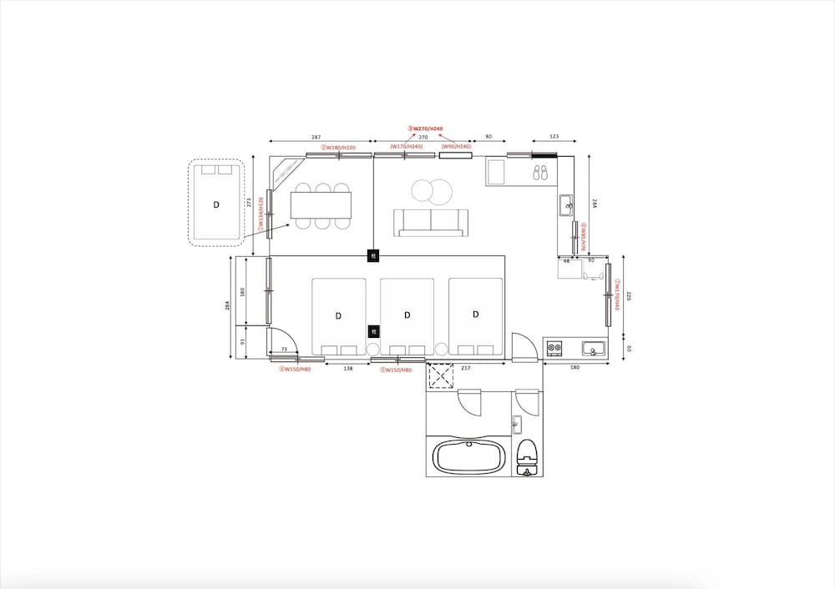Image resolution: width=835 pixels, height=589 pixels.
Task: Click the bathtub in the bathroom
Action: (469, 457)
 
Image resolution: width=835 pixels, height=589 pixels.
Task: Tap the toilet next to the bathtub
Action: (526, 456)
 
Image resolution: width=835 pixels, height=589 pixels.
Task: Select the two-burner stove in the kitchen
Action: (554, 347)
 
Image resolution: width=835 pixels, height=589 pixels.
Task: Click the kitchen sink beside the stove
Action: (594, 347)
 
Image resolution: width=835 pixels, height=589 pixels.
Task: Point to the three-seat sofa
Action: (431, 222)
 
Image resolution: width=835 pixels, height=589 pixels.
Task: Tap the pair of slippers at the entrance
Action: (540, 172)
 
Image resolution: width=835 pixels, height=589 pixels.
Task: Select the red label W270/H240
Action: (425, 128)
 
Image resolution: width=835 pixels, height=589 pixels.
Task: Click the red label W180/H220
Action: (338, 148)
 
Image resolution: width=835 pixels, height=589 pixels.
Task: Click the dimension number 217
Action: (465, 368)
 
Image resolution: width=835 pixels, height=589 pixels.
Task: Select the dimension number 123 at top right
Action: (554, 136)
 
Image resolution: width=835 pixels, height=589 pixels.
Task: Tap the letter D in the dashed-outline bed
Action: (216, 204)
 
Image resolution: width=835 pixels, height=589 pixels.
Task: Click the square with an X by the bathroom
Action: (440, 376)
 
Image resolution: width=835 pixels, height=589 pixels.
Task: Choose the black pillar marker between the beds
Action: (373, 331)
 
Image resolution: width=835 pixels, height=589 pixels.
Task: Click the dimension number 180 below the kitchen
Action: (574, 368)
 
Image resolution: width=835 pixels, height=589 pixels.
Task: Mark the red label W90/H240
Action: (456, 147)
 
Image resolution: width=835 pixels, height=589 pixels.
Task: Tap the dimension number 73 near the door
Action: (284, 350)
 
